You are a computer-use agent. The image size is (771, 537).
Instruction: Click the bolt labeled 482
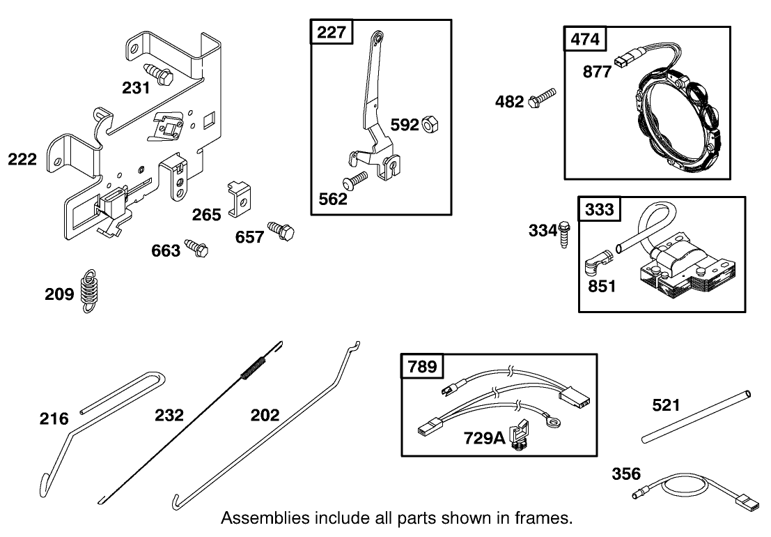click(x=543, y=98)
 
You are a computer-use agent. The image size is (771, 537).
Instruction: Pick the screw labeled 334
click(x=564, y=233)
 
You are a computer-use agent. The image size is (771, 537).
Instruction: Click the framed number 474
click(x=584, y=39)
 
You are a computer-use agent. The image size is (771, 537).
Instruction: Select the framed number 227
click(x=332, y=33)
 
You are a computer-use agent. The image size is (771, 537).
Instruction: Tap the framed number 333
click(x=599, y=209)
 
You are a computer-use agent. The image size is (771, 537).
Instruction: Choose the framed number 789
click(x=423, y=367)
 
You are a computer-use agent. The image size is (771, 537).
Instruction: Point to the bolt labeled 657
click(x=282, y=231)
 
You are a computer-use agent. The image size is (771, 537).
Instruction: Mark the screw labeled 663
click(x=196, y=248)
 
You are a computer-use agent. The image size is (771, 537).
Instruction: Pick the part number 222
click(x=23, y=160)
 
